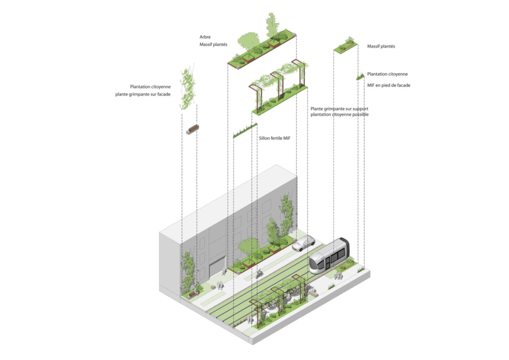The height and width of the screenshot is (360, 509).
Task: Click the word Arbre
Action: (205, 37)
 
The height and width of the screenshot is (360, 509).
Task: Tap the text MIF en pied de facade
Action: (389, 85)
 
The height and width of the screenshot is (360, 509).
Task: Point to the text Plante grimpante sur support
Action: (339, 109)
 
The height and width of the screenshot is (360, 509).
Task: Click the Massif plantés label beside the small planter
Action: (381, 47)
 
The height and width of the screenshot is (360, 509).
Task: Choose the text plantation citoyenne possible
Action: (340, 115)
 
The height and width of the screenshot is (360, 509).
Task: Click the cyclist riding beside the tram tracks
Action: (259, 273)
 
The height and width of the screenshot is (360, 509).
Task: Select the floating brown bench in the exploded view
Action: (192, 129)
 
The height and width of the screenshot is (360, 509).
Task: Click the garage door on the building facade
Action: (216, 267)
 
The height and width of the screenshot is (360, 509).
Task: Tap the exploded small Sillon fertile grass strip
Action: (245, 131)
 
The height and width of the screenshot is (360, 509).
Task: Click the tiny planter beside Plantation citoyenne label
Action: (360, 77)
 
